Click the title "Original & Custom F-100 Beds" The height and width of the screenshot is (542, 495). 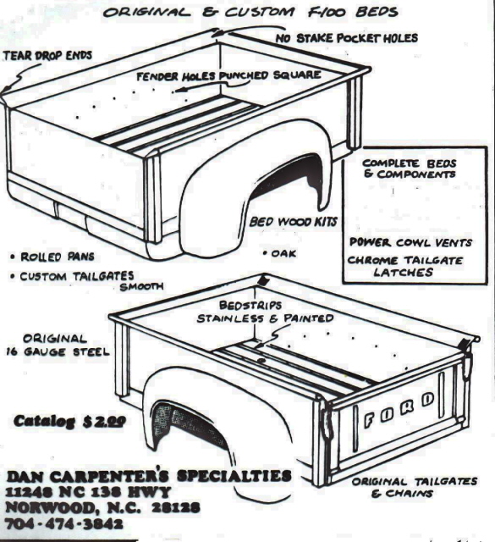pyautogui.click(x=250, y=12)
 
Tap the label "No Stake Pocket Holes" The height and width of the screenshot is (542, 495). pyautogui.click(x=346, y=38)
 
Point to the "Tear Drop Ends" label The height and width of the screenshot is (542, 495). pyautogui.click(x=47, y=56)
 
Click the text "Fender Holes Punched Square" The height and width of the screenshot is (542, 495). pyautogui.click(x=228, y=75)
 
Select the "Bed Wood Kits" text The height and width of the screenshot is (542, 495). pyautogui.click(x=293, y=222)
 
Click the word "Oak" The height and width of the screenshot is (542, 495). pyautogui.click(x=280, y=253)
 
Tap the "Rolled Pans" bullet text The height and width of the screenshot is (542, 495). pyautogui.click(x=52, y=257)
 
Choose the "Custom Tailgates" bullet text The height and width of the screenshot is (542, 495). pyautogui.click(x=72, y=276)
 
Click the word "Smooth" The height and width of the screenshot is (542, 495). pyautogui.click(x=141, y=286)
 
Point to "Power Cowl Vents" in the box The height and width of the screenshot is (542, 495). pyautogui.click(x=410, y=242)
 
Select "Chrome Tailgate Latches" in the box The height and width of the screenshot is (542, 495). pyautogui.click(x=404, y=266)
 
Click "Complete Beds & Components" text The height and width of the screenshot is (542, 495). pyautogui.click(x=410, y=169)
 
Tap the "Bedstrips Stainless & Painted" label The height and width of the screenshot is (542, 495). pyautogui.click(x=265, y=312)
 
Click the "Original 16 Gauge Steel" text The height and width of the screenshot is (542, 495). pyautogui.click(x=58, y=346)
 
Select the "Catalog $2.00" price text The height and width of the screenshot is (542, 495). pyautogui.click(x=69, y=422)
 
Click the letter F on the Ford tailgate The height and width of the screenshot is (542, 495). pyautogui.click(x=369, y=420)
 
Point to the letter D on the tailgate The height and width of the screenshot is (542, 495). pyautogui.click(x=427, y=399)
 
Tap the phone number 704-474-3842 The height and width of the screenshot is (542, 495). pyautogui.click(x=64, y=524)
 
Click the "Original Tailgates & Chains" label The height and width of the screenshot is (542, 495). pyautogui.click(x=414, y=487)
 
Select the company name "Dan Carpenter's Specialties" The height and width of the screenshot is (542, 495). pyautogui.click(x=149, y=476)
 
